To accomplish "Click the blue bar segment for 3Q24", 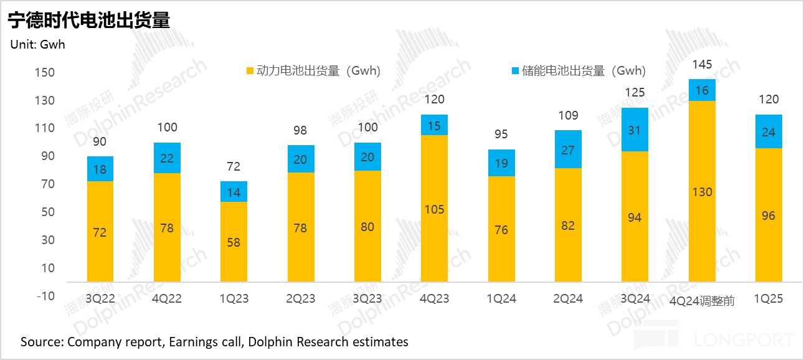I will click(x=635, y=130).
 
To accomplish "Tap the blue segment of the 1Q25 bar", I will click(x=769, y=131).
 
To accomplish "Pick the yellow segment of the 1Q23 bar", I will click(x=234, y=242).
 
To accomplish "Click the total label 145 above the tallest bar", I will click(x=701, y=65).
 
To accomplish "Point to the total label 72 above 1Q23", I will click(x=234, y=167).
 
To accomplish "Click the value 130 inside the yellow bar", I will click(x=701, y=192).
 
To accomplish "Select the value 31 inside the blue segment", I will click(x=635, y=130).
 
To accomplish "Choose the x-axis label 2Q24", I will click(x=568, y=299).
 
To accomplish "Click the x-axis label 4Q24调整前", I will click(x=702, y=301).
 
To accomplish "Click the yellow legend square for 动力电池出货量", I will click(x=250, y=71).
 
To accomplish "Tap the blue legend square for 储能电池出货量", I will click(x=515, y=71).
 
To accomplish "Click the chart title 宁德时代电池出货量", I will click(x=88, y=20).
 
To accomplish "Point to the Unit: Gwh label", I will click(x=37, y=44).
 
